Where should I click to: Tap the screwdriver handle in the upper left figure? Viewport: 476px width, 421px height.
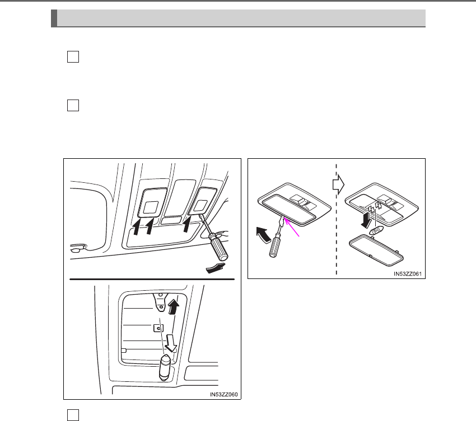tap(218, 248)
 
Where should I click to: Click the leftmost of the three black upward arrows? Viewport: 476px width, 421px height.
tap(136, 226)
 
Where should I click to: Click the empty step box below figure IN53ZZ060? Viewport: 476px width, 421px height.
tap(72, 414)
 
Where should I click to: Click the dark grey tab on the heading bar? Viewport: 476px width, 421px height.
tap(54, 17)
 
